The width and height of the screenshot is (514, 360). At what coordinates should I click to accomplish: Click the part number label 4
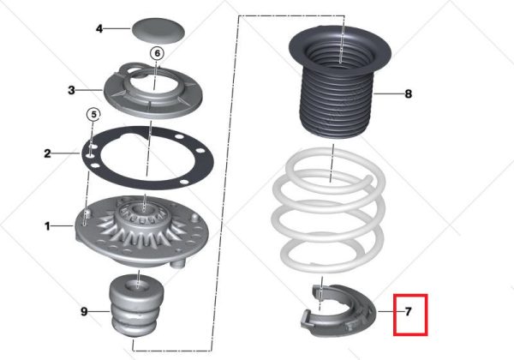tap(99, 29)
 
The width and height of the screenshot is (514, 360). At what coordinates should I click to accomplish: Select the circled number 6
tap(157, 53)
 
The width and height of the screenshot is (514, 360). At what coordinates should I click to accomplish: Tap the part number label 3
tap(71, 90)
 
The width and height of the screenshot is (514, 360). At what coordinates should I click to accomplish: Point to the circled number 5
tap(93, 115)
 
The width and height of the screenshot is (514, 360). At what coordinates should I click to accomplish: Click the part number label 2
tap(47, 153)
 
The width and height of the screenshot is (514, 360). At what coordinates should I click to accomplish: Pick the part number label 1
tap(47, 226)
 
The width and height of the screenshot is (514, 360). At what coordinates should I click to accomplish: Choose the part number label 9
tap(84, 311)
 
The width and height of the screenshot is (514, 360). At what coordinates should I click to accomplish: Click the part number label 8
tap(408, 94)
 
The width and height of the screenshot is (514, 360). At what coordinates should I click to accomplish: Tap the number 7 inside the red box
tap(408, 311)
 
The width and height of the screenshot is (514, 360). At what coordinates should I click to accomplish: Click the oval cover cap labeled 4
tap(158, 31)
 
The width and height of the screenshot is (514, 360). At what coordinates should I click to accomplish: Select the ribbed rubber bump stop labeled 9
tap(136, 306)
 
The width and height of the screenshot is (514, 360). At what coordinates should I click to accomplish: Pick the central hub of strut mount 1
tap(144, 213)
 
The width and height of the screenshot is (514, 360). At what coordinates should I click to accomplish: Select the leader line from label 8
tap(388, 94)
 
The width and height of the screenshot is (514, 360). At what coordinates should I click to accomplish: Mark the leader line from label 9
tap(99, 311)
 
